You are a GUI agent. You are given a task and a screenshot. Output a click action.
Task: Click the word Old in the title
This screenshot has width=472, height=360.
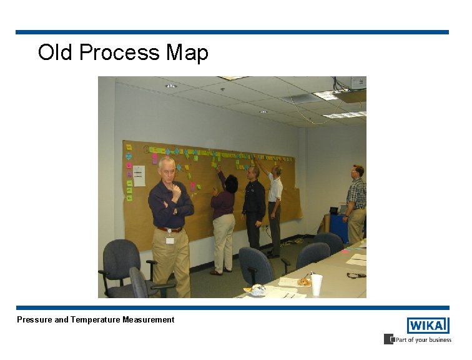click(56, 52)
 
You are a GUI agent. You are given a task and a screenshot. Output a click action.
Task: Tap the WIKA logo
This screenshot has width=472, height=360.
click(428, 326)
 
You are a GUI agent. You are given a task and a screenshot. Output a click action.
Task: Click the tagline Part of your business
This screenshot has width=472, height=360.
click(422, 340)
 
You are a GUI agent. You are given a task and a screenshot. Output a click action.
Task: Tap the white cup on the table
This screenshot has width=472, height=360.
click(317, 284)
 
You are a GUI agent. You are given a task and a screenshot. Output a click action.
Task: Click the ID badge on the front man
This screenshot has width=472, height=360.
click(170, 240)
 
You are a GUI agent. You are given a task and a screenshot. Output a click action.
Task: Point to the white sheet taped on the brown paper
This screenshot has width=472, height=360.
click(139, 176)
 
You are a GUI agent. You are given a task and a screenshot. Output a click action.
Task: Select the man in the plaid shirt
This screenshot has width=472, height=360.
click(356, 203)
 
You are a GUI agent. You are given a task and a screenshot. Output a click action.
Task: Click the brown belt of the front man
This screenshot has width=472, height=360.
click(169, 230)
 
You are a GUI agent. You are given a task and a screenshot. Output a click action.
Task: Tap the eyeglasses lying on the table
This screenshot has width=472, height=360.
click(356, 275)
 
